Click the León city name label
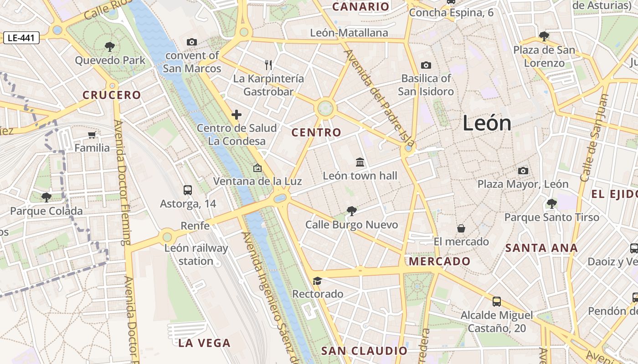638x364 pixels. (487, 123)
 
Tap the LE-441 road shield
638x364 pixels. (21, 38)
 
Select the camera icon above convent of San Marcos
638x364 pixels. (192, 42)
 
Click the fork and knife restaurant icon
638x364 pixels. (268, 65)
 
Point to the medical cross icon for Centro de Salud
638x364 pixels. (237, 115)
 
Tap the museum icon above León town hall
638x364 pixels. (360, 162)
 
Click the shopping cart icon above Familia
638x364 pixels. (92, 135)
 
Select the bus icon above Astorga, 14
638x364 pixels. (188, 190)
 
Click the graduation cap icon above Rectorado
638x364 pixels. (318, 281)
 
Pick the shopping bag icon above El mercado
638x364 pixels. (461, 228)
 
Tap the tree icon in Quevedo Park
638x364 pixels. (109, 46)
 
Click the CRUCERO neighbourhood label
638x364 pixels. (112, 95)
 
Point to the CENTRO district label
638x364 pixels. (316, 132)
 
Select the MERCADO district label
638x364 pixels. (440, 261)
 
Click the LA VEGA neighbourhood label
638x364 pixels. (204, 343)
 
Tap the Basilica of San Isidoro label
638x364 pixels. (426, 85)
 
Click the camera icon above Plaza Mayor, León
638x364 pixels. (523, 171)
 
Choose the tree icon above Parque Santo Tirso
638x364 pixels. (551, 203)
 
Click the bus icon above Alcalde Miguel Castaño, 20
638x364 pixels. (497, 301)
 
